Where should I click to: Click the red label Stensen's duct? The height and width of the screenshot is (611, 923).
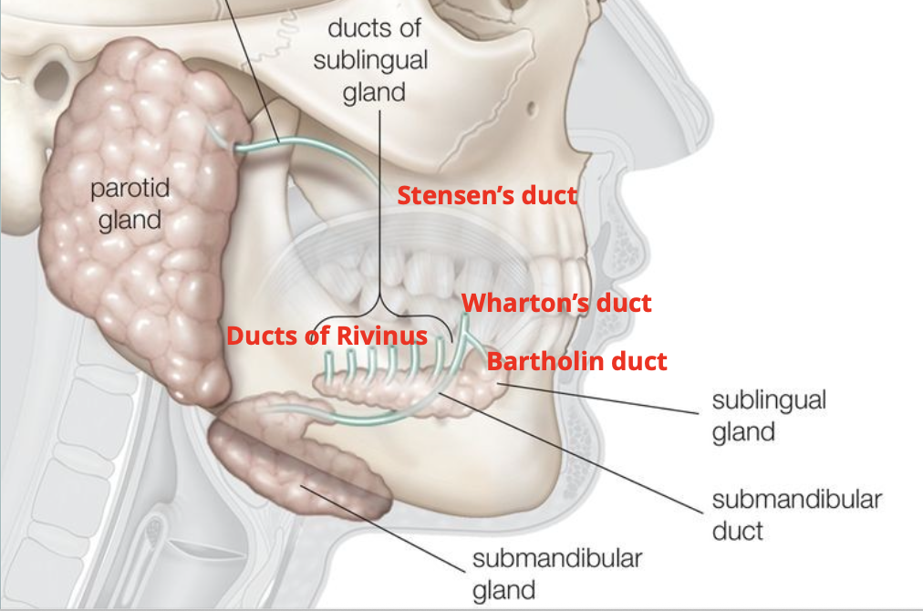(487, 195)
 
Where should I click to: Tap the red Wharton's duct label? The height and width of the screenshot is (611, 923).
(556, 303)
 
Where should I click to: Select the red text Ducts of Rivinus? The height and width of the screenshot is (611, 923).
(327, 336)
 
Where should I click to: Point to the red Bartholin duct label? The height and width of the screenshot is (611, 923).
(576, 361)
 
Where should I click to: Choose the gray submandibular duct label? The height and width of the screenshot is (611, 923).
(796, 514)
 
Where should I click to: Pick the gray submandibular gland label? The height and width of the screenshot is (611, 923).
(557, 574)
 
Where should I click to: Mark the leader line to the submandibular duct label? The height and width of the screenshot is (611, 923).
(584, 456)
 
